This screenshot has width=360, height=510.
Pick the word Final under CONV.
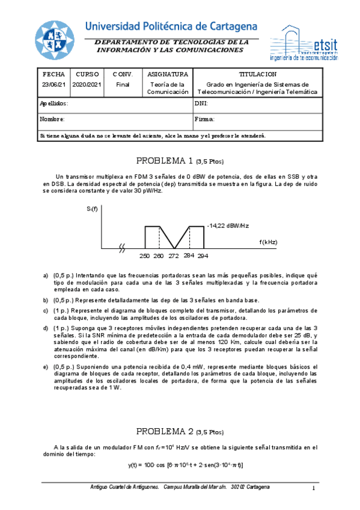[x=123, y=85]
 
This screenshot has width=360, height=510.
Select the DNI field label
[x=201, y=103]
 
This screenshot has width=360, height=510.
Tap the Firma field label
[x=205, y=119]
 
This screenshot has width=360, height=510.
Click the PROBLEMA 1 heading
[x=180, y=161]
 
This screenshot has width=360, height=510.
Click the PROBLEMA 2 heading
[x=180, y=431]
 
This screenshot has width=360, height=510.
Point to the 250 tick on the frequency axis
[x=144, y=256]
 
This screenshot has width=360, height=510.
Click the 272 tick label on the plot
[x=174, y=256]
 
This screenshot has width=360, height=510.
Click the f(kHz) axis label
[x=268, y=242]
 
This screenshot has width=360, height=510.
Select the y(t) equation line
[x=185, y=465]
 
